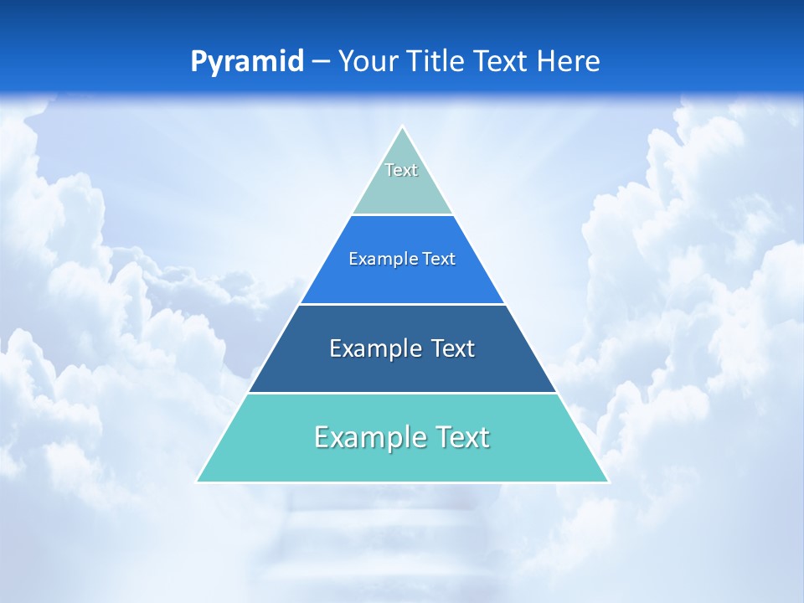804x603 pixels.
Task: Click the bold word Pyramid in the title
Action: [246, 62]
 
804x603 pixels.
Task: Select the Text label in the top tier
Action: [401, 170]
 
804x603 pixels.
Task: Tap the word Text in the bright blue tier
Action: [439, 260]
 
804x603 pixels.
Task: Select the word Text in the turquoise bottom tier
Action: [461, 437]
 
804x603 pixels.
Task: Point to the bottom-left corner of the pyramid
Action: [198, 482]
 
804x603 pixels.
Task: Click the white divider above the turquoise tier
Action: [402, 393]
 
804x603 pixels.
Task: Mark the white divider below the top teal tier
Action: [402, 215]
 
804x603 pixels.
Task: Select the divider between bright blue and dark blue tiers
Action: [402, 304]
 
